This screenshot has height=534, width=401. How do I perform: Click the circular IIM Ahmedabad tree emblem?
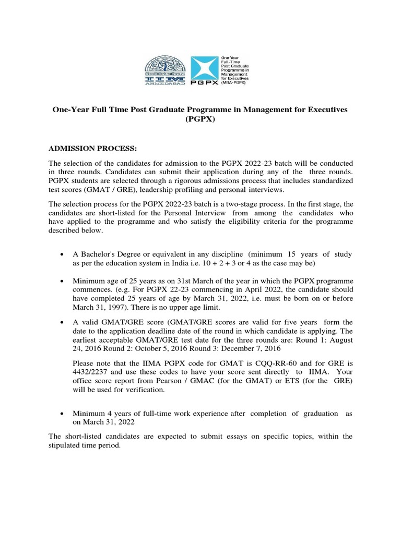point(164,70)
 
